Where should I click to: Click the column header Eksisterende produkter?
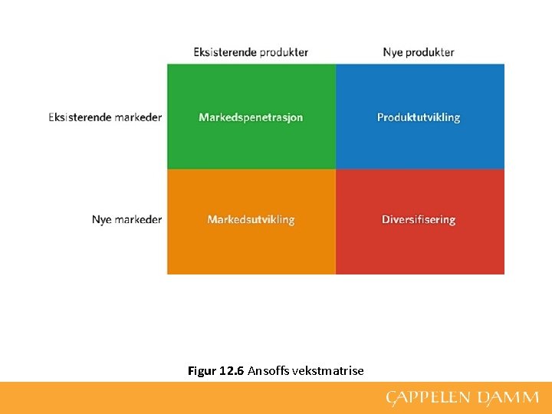pos(251,52)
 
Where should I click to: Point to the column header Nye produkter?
pos(419,52)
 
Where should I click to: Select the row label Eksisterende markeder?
pos(105,117)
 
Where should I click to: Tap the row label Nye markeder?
pos(127,219)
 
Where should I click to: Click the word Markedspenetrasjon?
pos(251,117)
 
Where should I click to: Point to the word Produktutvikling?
pos(419,117)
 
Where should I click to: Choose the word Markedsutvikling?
pos(251,219)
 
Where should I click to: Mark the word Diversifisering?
pos(419,219)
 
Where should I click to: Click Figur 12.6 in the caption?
pos(215,371)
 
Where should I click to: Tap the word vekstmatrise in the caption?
pos(328,371)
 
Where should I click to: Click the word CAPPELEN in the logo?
pos(429,397)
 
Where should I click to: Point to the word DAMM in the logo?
pos(508,397)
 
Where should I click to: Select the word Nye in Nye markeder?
pos(102,219)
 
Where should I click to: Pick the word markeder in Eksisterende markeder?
pos(138,117)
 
